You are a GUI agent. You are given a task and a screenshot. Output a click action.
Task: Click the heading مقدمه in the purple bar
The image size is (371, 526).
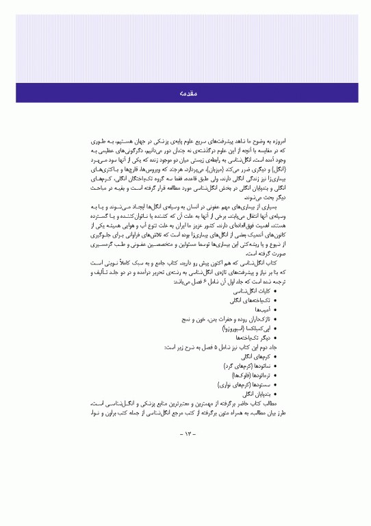(x=186, y=92)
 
